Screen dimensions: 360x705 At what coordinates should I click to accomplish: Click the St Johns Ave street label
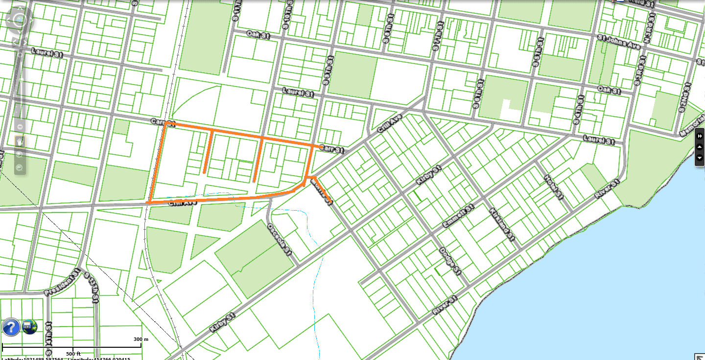tap(618, 41)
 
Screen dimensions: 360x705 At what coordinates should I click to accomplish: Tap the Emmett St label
tap(458, 216)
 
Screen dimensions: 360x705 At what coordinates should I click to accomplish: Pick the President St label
tap(62, 283)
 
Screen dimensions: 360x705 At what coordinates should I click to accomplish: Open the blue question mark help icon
tap(11, 327)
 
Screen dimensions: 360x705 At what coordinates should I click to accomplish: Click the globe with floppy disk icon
tap(30, 327)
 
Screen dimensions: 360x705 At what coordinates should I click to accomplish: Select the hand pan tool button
tap(20, 141)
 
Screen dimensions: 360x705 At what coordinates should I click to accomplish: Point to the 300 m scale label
tap(141, 339)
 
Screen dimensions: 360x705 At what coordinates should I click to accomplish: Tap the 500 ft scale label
tap(73, 353)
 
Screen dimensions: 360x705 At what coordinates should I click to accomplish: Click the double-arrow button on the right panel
tap(700, 136)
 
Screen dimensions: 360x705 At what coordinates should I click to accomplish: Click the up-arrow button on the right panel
tap(700, 147)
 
